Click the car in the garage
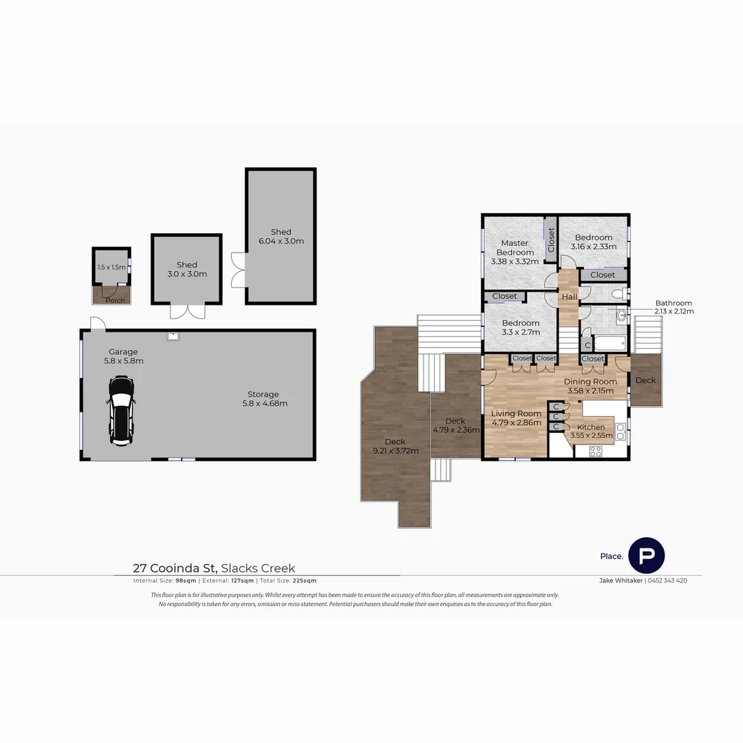(x=122, y=410)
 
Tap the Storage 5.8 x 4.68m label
(x=263, y=399)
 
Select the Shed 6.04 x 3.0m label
(x=281, y=237)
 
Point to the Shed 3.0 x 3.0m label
(x=186, y=269)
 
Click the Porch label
(x=115, y=300)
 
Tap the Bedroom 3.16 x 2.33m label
(x=593, y=242)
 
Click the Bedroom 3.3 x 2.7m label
(x=520, y=327)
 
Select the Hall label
(x=570, y=297)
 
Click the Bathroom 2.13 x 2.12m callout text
(x=674, y=307)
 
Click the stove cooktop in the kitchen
(x=596, y=451)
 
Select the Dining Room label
(x=590, y=386)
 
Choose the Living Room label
(x=516, y=418)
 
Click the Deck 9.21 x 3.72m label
(x=395, y=446)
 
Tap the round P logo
(x=647, y=555)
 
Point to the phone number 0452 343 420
(x=667, y=580)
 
